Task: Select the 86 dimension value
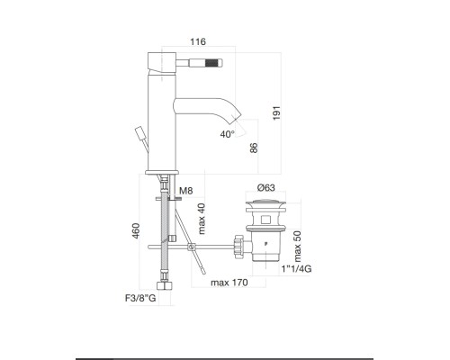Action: pyautogui.click(x=256, y=148)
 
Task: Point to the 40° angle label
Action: pyautogui.click(x=226, y=133)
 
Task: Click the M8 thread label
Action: pyautogui.click(x=186, y=191)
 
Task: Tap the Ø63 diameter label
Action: pyautogui.click(x=266, y=186)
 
